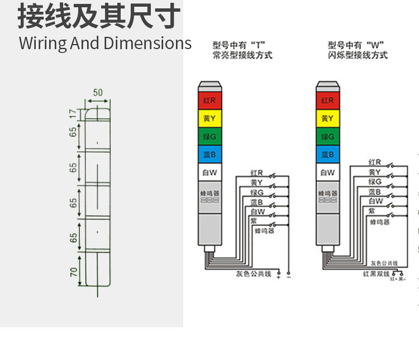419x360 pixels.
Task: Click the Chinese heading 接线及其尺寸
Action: pos(99,17)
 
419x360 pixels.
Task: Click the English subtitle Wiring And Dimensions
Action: pos(105,44)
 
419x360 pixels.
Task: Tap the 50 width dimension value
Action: pos(98,93)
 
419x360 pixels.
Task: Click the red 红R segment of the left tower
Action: pos(210,100)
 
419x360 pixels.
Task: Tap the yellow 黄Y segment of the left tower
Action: pos(210,118)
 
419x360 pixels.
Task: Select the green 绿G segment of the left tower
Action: pos(210,136)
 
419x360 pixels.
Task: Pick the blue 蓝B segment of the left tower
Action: pos(210,154)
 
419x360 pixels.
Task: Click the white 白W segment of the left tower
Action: pos(210,172)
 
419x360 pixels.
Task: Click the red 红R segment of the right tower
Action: pos(328,100)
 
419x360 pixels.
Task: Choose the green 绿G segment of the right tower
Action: pos(328,136)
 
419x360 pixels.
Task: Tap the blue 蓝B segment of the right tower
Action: pos(328,154)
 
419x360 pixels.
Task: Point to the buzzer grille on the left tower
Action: pos(210,199)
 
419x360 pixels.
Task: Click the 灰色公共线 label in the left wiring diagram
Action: pos(253,273)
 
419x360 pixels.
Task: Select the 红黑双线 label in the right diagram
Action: pos(375,273)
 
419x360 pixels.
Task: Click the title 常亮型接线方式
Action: pos(242,55)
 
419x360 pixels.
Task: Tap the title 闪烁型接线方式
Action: pos(358,55)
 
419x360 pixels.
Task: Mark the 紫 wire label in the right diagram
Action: pos(372,211)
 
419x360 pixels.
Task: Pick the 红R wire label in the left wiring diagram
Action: pos(256,173)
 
